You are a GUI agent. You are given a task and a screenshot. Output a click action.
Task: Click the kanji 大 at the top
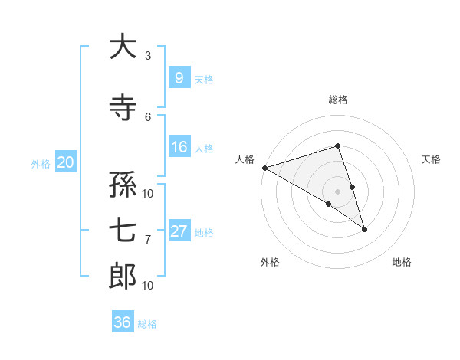pyautogui.click(x=123, y=47)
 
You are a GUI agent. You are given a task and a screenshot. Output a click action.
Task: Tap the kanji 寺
pyautogui.click(x=123, y=108)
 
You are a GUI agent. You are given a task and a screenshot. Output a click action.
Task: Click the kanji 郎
pyautogui.click(x=123, y=277)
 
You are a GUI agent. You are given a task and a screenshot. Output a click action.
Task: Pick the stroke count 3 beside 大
pyautogui.click(x=147, y=56)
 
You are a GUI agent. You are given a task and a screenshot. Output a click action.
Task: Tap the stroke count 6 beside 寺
pyautogui.click(x=147, y=116)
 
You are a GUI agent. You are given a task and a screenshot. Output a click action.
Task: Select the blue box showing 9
pyautogui.click(x=179, y=77)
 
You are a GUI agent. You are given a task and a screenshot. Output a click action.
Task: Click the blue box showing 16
pyautogui.click(x=179, y=147)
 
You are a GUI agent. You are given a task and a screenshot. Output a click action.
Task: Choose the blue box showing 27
pyautogui.click(x=179, y=231)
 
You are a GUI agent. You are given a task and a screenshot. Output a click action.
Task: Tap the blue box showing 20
pyautogui.click(x=66, y=162)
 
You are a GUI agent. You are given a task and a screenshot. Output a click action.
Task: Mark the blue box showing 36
pyautogui.click(x=123, y=322)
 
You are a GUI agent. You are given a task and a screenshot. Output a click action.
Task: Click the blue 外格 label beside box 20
pyautogui.click(x=41, y=163)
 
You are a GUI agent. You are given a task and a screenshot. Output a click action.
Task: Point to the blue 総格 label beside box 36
pyautogui.click(x=147, y=324)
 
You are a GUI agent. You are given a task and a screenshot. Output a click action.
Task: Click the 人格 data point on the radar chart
pyautogui.click(x=264, y=167)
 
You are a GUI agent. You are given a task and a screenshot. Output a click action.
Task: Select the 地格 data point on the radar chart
pyautogui.click(x=364, y=229)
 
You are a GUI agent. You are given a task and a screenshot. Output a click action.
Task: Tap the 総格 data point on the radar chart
pyautogui.click(x=337, y=146)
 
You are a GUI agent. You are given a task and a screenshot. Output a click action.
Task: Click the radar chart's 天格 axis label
pyautogui.click(x=432, y=159)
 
